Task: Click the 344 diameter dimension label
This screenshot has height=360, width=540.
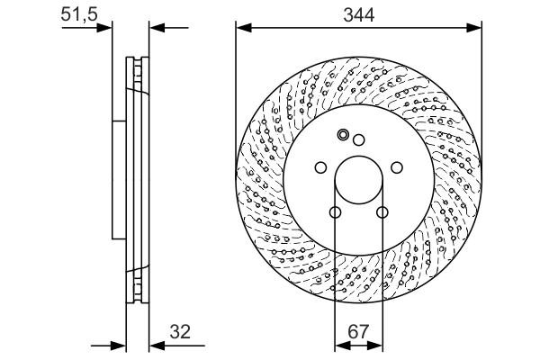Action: click(x=358, y=13)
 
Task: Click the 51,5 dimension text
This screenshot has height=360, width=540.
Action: click(x=78, y=13)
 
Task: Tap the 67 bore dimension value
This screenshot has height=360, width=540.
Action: click(x=359, y=332)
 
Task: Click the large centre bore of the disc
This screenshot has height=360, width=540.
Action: click(x=358, y=184)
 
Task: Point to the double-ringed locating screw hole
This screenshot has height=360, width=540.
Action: click(x=342, y=136)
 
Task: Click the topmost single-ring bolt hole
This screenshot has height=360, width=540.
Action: click(x=358, y=139)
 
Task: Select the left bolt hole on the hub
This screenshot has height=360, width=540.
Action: click(x=319, y=167)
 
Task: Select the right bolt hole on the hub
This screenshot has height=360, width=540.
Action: click(x=397, y=167)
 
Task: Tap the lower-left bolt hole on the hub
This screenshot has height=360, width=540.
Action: click(x=334, y=213)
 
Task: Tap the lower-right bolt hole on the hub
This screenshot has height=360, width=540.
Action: click(x=382, y=213)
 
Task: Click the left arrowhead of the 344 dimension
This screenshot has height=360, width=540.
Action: click(x=242, y=27)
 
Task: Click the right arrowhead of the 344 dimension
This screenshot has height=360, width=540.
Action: click(x=474, y=27)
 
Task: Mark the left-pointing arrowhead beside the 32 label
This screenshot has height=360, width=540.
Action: click(x=153, y=346)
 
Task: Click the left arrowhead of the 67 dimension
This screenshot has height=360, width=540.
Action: click(x=340, y=346)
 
